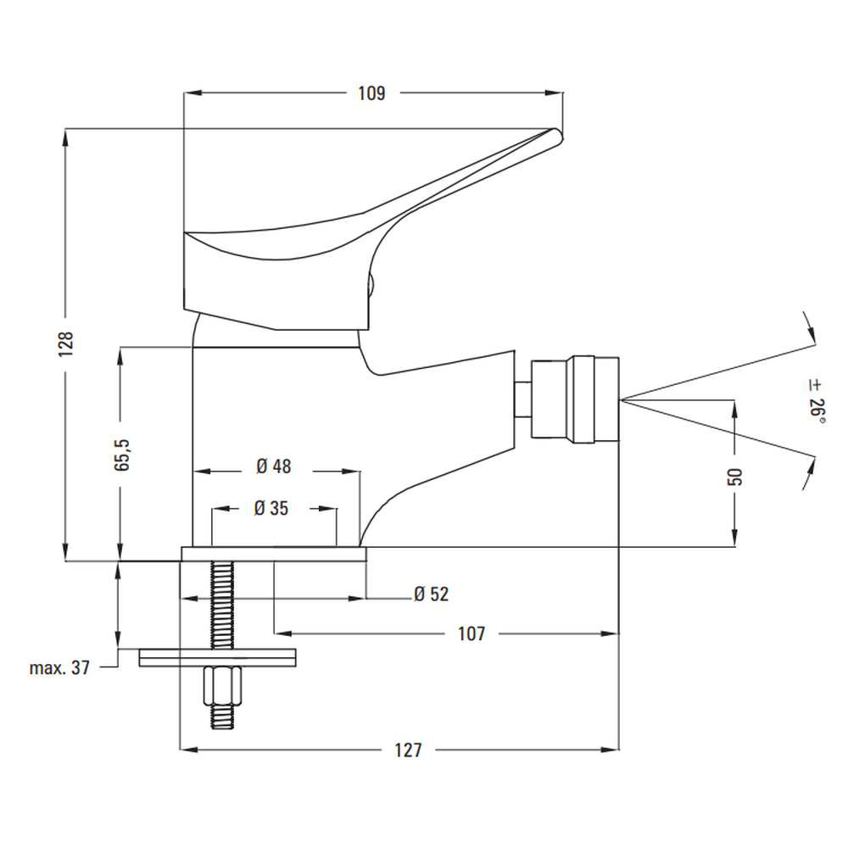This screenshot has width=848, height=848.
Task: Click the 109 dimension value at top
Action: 371,93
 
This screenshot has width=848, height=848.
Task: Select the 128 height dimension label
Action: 68,344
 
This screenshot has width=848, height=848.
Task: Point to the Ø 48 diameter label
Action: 273,466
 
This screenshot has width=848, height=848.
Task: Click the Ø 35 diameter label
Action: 271,508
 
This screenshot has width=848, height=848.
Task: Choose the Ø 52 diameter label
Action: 431,594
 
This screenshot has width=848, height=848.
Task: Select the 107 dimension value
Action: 471,633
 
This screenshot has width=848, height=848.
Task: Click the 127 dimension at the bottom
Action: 409,750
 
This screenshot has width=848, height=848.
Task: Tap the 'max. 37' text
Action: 59,668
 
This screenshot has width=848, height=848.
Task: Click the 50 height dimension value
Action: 735,476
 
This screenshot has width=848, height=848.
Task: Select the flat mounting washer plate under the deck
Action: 218,658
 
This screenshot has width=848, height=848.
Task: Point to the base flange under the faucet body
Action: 273,554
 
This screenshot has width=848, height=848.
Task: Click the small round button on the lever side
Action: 371,286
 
